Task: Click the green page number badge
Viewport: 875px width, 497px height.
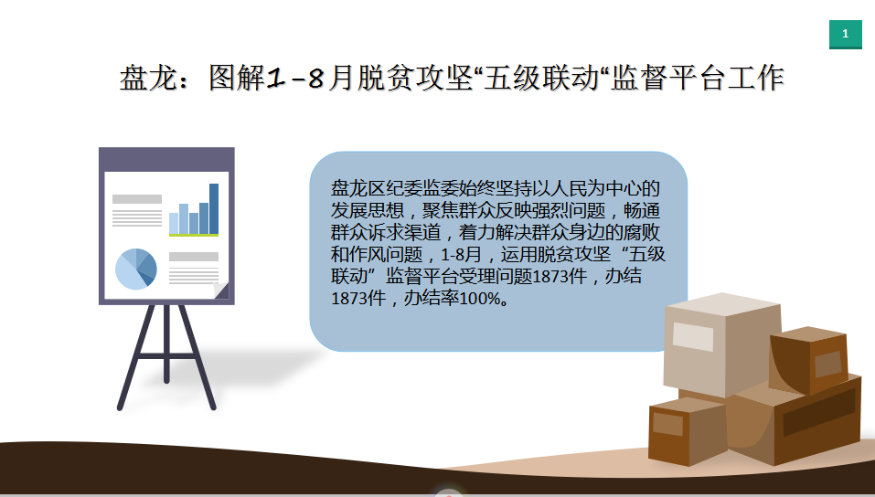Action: (x=846, y=34)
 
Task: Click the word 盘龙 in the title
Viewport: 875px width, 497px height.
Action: (x=148, y=77)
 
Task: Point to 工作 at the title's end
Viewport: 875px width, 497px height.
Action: (x=756, y=77)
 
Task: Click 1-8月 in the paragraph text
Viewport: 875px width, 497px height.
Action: (x=461, y=254)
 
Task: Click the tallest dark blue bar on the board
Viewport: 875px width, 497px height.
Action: (x=214, y=208)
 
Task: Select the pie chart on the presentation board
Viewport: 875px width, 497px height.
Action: (x=136, y=269)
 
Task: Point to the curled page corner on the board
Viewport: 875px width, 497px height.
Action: (x=221, y=291)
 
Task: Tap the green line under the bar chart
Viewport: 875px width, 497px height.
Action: (x=194, y=236)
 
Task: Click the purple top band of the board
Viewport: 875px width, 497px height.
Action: (x=166, y=160)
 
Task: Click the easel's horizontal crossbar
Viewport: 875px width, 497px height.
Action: (x=166, y=355)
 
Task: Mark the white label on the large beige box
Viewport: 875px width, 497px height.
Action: (x=693, y=336)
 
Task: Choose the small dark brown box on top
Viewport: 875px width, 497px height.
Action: (x=808, y=361)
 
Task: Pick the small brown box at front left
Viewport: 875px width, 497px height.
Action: (x=688, y=431)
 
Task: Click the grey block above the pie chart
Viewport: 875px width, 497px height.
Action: (x=137, y=199)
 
